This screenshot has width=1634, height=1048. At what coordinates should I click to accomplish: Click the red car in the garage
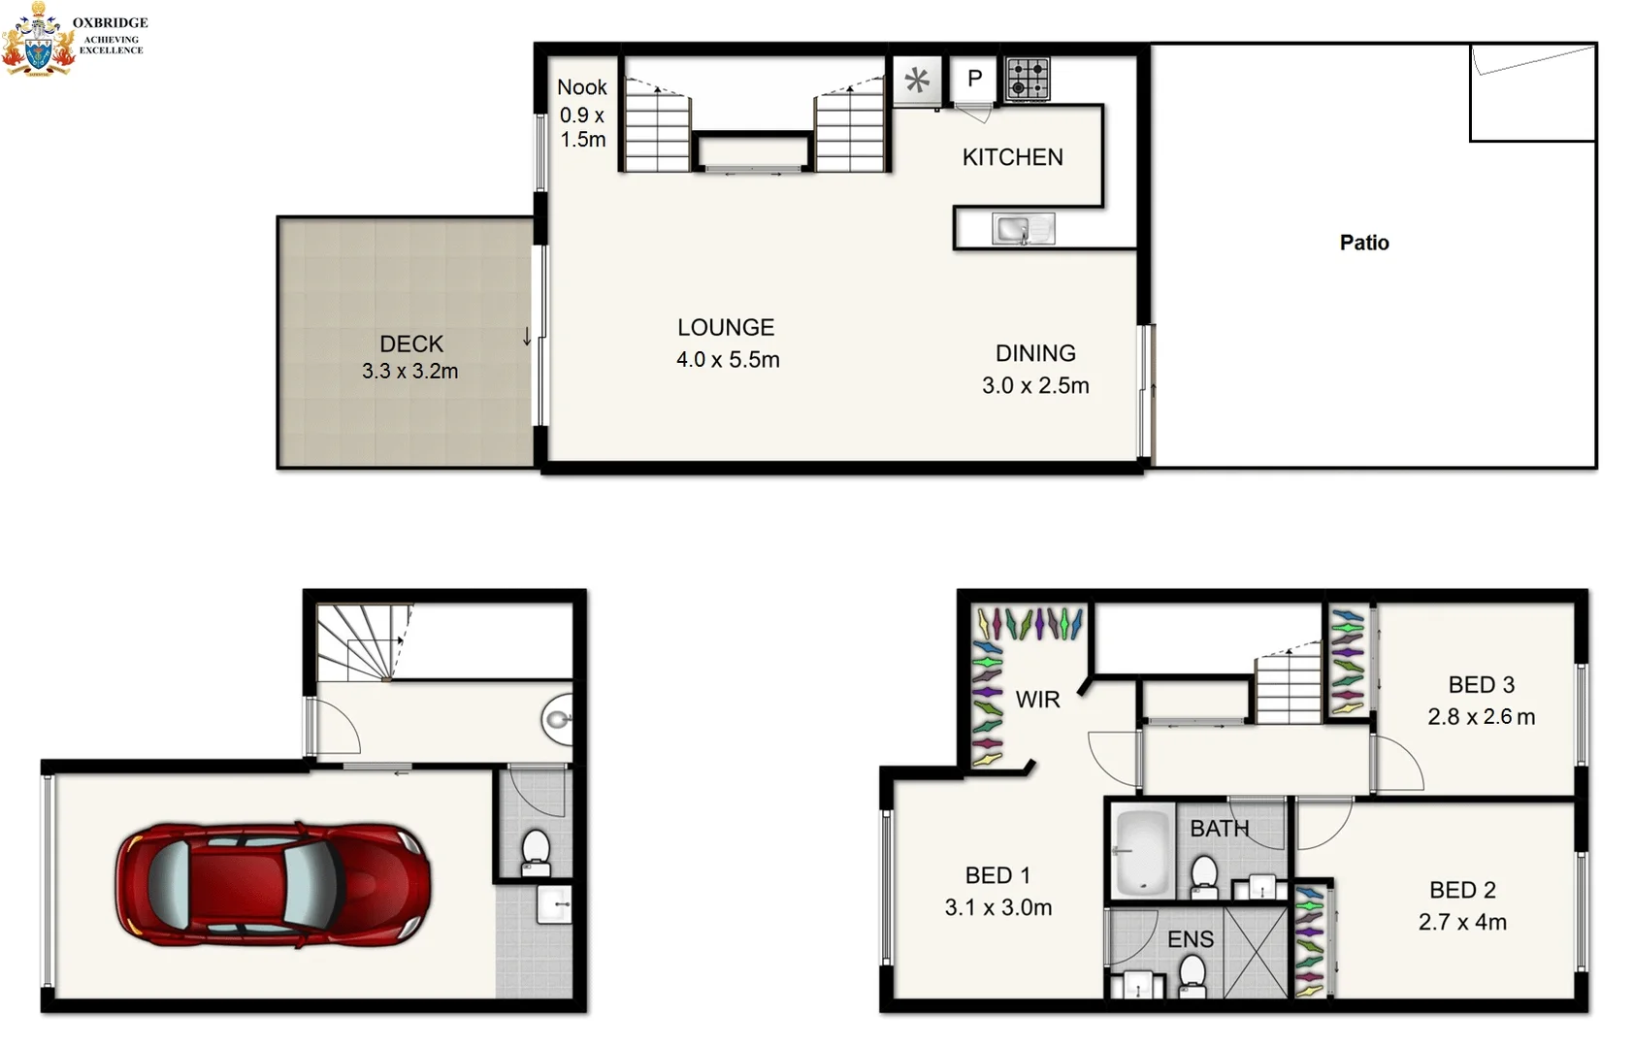(274, 885)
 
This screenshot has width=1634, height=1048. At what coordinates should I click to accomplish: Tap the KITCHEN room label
(1012, 157)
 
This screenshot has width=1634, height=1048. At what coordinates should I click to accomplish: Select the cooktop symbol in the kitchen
(1028, 80)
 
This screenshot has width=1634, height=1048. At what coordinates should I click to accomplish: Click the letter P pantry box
(974, 79)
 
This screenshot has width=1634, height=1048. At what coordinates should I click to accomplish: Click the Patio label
(1363, 243)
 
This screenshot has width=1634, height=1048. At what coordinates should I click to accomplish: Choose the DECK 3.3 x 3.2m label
(410, 357)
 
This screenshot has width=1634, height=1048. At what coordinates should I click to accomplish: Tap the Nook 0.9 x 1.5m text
(582, 114)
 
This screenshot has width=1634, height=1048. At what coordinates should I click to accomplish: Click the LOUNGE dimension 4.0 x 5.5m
(728, 360)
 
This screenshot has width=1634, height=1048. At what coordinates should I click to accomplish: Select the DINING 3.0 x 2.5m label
(1035, 369)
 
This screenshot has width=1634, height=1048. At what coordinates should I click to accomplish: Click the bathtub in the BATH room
(1142, 852)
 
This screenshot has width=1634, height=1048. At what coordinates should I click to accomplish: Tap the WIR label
(1037, 700)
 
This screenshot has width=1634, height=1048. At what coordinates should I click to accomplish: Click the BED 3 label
(1481, 685)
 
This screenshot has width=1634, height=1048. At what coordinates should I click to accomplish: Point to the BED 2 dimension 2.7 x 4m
(1462, 923)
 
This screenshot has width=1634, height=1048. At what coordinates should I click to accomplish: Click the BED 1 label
(997, 875)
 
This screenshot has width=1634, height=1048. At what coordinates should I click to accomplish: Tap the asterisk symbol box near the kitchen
(917, 81)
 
